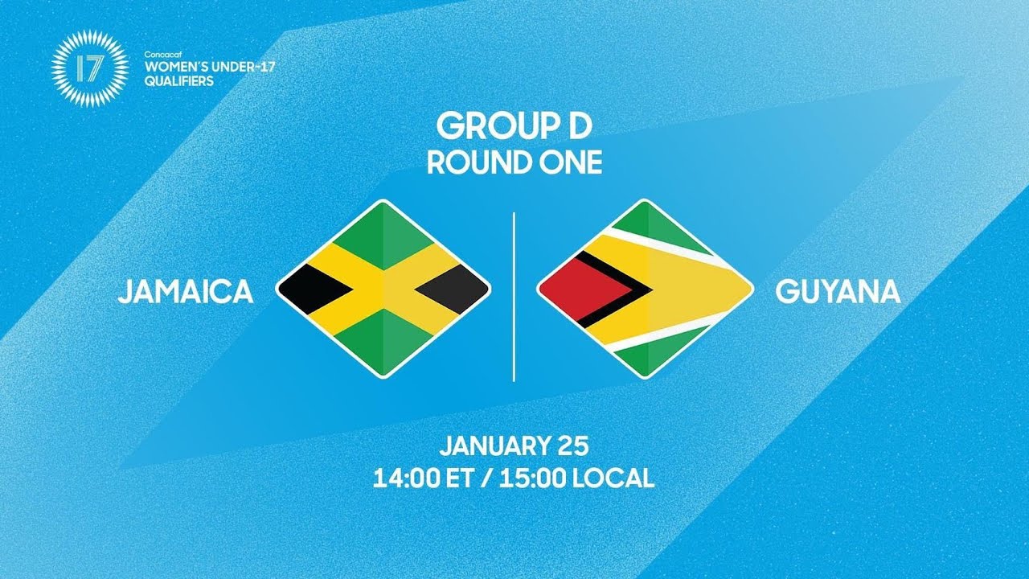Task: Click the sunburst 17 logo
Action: tap(89, 68)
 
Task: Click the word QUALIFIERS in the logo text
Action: tap(178, 80)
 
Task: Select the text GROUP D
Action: tap(514, 126)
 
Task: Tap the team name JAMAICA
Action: tap(186, 292)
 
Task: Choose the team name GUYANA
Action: tap(838, 292)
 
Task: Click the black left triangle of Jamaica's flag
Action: tap(310, 289)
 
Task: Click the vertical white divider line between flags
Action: tap(514, 298)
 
